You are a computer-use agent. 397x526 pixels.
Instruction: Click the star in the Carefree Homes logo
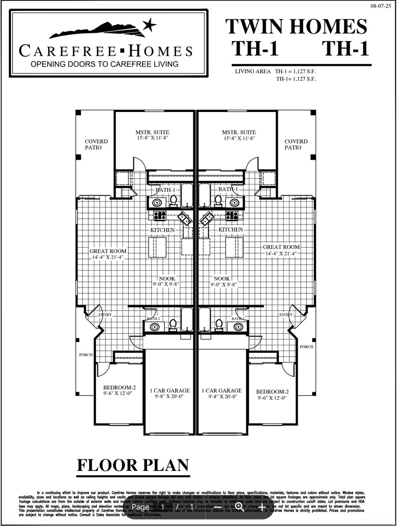[x=149, y=26]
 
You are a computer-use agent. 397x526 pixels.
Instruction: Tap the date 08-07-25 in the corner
[x=381, y=6]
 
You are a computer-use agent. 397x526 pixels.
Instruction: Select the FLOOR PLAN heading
[x=133, y=465]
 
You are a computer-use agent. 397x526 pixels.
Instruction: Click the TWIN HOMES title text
[x=296, y=27]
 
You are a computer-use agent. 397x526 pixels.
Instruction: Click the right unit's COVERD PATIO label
[x=296, y=144]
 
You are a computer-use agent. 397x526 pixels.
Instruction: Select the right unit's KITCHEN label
[x=231, y=229]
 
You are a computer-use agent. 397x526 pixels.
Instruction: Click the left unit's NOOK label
[x=167, y=278]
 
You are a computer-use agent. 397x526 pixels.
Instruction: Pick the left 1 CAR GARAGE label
[x=170, y=390]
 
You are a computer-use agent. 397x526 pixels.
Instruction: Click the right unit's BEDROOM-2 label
[x=272, y=391]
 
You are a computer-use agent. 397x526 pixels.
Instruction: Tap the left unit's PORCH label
[x=86, y=355]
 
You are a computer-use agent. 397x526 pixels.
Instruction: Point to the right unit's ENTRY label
[x=286, y=315]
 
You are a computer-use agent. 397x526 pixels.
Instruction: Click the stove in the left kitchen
[x=160, y=216]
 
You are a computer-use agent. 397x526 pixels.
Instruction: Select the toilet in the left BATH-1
[x=173, y=200]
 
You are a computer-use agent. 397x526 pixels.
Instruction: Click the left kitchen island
[x=157, y=247]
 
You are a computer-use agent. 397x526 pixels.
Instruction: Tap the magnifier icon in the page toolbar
[x=240, y=507]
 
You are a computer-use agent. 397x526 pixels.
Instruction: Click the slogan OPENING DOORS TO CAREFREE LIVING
[x=104, y=64]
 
